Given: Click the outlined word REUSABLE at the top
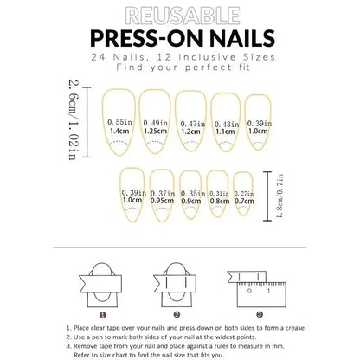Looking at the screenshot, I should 179,15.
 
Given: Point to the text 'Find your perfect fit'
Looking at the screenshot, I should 179,67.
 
